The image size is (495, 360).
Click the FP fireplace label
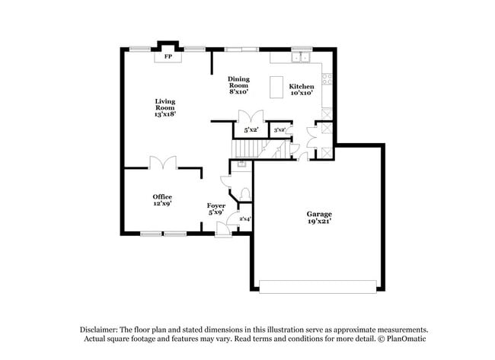[x=168, y=56]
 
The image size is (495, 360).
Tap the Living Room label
[x=164, y=107]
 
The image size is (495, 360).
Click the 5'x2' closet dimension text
[x=251, y=130]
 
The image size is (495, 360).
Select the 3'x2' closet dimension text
[x=279, y=130]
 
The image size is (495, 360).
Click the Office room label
[x=161, y=199]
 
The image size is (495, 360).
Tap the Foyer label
[x=216, y=209]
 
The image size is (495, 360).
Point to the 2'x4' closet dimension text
[x=245, y=219]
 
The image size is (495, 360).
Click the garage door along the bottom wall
[x=318, y=286]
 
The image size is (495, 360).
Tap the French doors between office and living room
[x=163, y=164]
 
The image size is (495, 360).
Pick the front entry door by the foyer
[x=222, y=229]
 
